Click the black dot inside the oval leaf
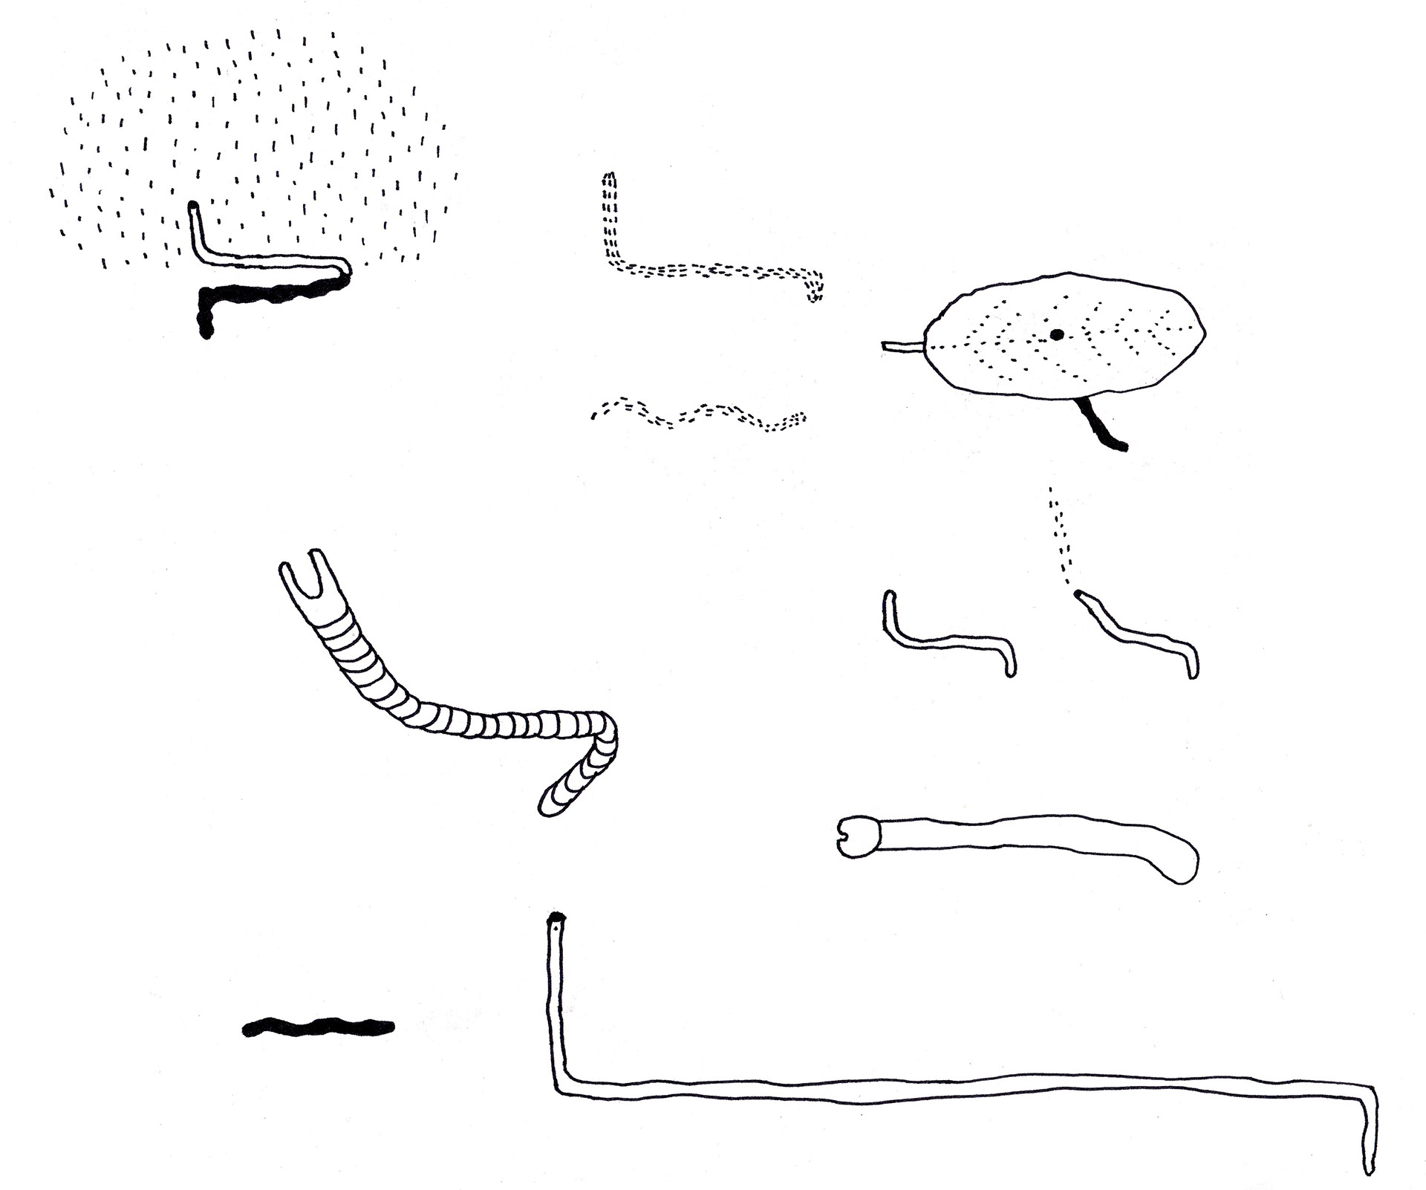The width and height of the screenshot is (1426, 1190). [x=1057, y=335]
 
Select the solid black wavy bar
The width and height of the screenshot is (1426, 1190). [x=318, y=1027]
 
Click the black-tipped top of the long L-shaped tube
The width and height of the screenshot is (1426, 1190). [x=556, y=922]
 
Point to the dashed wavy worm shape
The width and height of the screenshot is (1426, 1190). [x=698, y=415]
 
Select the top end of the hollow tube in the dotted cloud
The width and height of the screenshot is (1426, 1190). [x=193, y=207]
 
